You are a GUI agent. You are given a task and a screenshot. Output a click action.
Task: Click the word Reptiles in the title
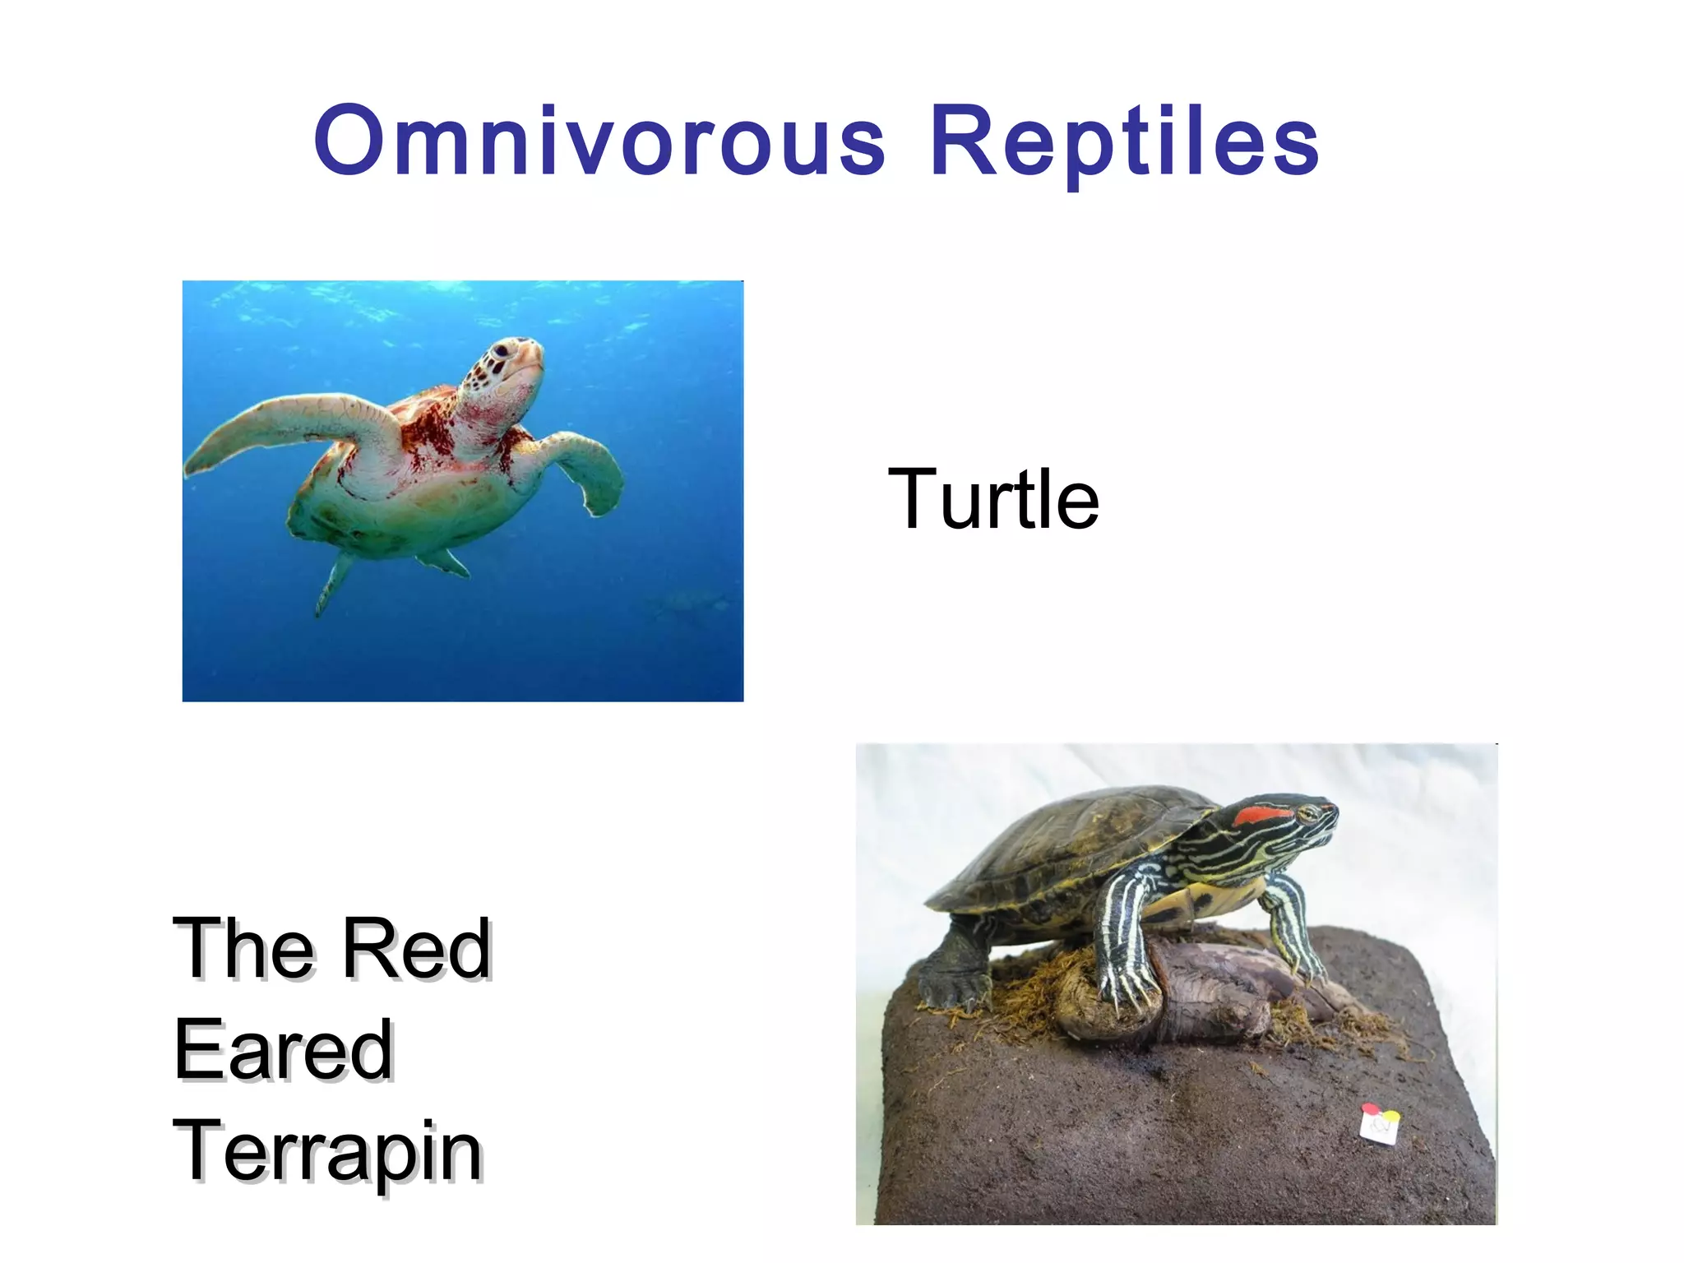pyautogui.click(x=1124, y=141)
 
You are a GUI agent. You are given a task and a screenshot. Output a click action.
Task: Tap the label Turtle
pyautogui.click(x=992, y=498)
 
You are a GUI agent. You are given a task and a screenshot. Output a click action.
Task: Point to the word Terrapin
pyautogui.click(x=327, y=1151)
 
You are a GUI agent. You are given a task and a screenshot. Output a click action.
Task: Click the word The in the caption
pyautogui.click(x=243, y=949)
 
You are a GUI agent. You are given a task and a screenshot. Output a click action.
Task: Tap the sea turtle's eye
pyautogui.click(x=500, y=351)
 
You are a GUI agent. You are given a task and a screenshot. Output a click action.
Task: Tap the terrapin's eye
pyautogui.click(x=1307, y=813)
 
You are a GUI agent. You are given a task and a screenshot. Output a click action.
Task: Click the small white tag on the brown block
pyautogui.click(x=1379, y=1124)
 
